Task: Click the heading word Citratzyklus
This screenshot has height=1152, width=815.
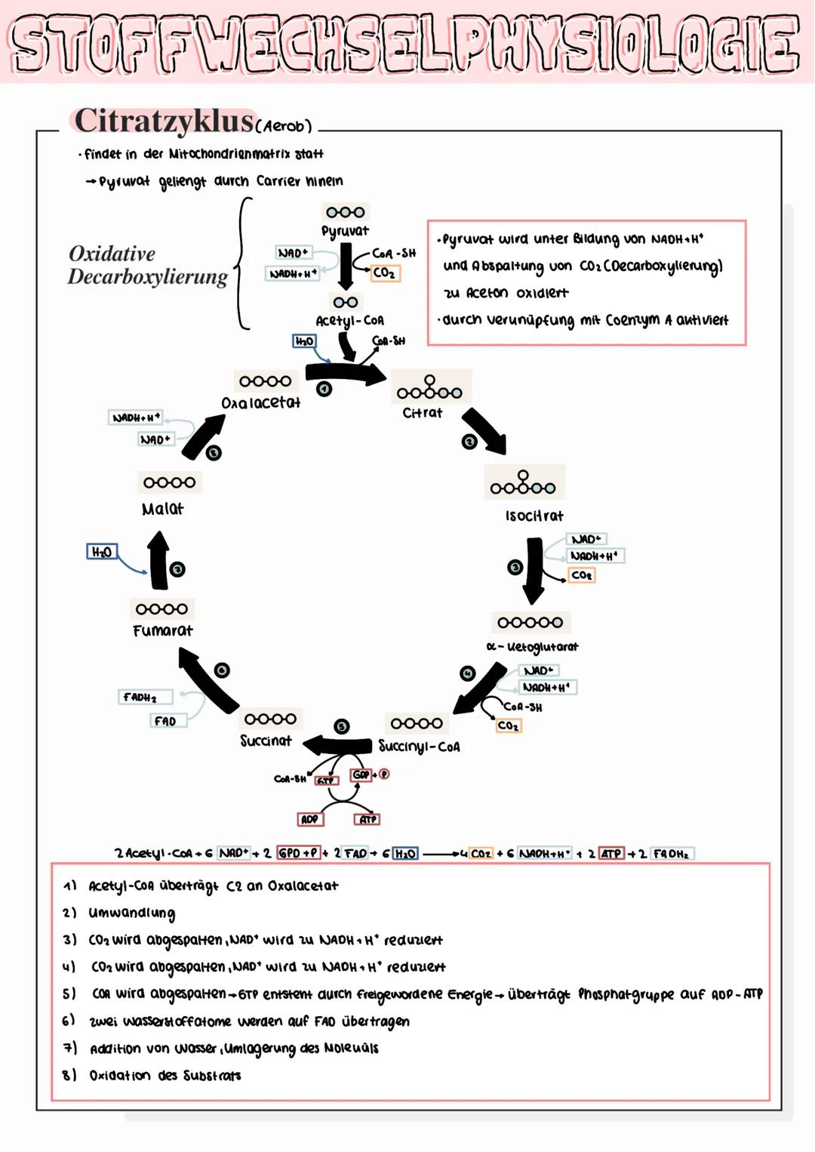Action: tap(164, 121)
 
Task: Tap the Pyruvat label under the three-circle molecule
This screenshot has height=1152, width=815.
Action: tap(345, 231)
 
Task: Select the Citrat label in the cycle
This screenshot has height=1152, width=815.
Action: tap(422, 413)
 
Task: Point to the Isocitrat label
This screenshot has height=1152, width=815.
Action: tap(534, 516)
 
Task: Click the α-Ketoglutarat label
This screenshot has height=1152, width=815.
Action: tap(532, 647)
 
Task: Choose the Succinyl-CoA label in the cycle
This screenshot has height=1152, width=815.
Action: tap(419, 747)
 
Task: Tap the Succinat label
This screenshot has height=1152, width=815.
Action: tap(266, 741)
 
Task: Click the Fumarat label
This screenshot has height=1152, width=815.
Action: tap(162, 630)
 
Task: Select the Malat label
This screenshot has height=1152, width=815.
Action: tap(162, 509)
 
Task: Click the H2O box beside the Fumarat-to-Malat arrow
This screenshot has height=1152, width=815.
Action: tap(101, 552)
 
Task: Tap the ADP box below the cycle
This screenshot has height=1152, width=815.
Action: tap(309, 819)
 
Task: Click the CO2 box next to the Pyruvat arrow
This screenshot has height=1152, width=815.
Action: tap(384, 273)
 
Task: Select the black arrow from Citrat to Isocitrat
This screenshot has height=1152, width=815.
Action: tap(485, 431)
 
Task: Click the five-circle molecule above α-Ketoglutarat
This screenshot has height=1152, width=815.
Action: tap(530, 622)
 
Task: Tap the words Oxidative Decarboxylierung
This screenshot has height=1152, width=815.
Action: tap(147, 265)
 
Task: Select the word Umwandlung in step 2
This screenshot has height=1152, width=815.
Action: tap(131, 913)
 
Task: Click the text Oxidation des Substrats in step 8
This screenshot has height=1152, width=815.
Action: tap(165, 1075)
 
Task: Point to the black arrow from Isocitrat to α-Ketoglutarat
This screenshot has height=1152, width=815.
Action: tap(534, 569)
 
